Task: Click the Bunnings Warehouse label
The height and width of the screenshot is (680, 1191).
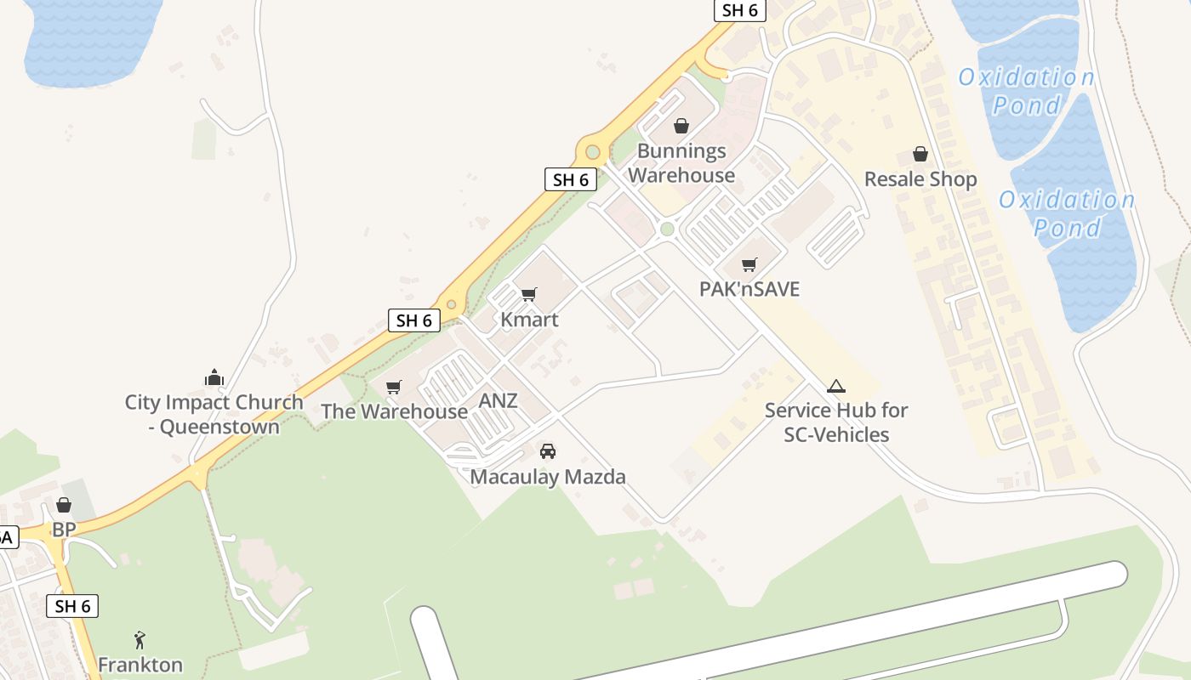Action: pyautogui.click(x=681, y=163)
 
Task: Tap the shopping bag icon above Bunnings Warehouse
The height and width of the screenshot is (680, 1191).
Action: pyautogui.click(x=681, y=127)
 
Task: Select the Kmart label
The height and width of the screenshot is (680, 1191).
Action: pyautogui.click(x=529, y=320)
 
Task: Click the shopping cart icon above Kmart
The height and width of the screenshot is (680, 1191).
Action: pyautogui.click(x=529, y=295)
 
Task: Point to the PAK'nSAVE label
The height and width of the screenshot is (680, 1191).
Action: pyautogui.click(x=749, y=289)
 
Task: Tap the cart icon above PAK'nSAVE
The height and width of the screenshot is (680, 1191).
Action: pyautogui.click(x=749, y=264)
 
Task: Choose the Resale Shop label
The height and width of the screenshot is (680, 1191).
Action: pyautogui.click(x=920, y=179)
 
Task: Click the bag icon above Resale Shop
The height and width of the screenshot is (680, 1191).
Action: pyautogui.click(x=920, y=154)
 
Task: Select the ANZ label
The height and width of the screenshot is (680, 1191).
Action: pyautogui.click(x=498, y=400)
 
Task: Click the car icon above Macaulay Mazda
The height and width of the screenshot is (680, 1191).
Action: pyautogui.click(x=548, y=450)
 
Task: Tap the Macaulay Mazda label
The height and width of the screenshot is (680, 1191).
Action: pyautogui.click(x=548, y=477)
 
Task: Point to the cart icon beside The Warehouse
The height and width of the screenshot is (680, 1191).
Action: pyautogui.click(x=393, y=388)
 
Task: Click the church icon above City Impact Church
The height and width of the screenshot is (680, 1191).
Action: pyautogui.click(x=214, y=377)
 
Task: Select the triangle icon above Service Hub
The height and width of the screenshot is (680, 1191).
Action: pyautogui.click(x=835, y=387)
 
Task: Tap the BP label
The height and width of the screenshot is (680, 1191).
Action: pyautogui.click(x=64, y=530)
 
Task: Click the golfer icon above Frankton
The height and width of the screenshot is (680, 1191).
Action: pyautogui.click(x=140, y=639)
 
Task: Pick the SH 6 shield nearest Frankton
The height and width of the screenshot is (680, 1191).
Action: pyautogui.click(x=72, y=606)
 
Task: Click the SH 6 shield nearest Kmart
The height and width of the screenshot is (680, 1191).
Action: pyautogui.click(x=414, y=320)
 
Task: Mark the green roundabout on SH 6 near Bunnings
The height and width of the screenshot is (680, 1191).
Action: pyautogui.click(x=593, y=153)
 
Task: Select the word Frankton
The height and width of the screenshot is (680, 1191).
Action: pyautogui.click(x=140, y=665)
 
